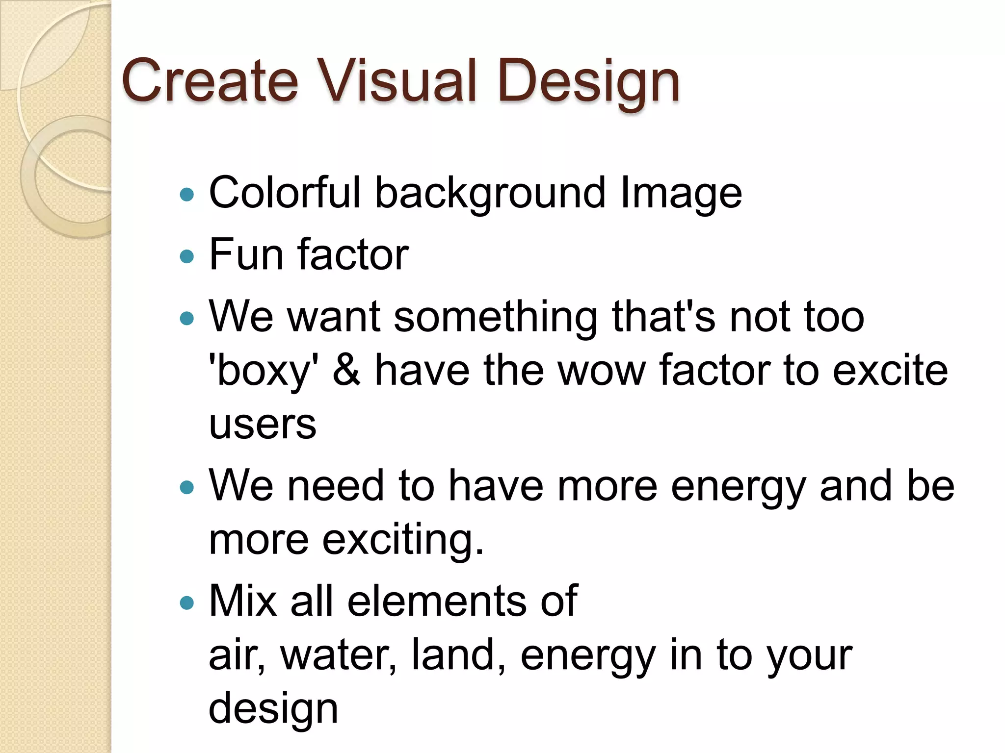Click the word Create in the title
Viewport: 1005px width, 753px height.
coord(210,81)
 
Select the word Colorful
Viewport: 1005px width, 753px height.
coord(285,193)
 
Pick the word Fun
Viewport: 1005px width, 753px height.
coord(246,254)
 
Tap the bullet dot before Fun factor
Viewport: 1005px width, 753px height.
coord(187,256)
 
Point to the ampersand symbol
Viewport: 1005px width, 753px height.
coord(346,370)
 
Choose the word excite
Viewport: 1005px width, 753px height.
coord(890,371)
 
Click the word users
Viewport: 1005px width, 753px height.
coord(263,424)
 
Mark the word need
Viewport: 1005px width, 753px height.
coord(335,486)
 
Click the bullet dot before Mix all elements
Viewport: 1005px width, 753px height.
coord(187,602)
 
